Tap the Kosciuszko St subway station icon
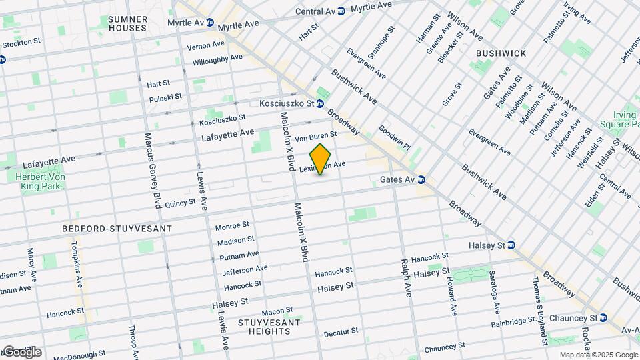320,103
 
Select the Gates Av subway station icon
421,180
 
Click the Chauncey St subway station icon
603,317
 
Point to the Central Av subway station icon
341,11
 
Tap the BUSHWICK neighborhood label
501,53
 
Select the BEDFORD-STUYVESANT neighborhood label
117,229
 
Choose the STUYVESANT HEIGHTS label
269,327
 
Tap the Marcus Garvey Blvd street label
153,170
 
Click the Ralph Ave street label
404,259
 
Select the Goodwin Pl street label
394,137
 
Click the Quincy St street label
180,202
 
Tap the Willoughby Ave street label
217,59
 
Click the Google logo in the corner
21,352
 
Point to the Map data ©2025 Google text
598,355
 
